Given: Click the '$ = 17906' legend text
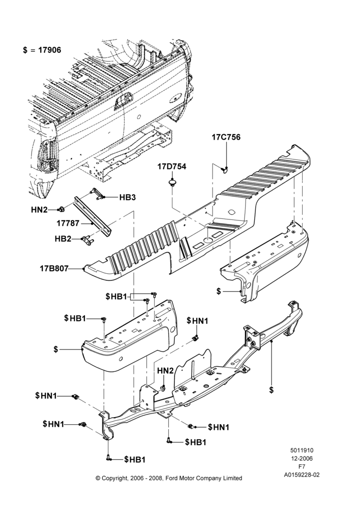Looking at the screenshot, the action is pyautogui.click(x=42, y=50).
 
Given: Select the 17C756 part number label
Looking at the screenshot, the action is pyautogui.click(x=226, y=137).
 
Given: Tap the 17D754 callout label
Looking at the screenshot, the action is pyautogui.click(x=172, y=167).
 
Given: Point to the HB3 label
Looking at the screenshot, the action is pyautogui.click(x=128, y=197).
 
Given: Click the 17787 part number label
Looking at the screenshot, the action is pyautogui.click(x=68, y=223).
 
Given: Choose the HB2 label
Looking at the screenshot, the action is pyautogui.click(x=63, y=239).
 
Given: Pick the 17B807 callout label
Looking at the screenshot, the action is pyautogui.click(x=54, y=269).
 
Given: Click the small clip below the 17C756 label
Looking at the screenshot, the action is pyautogui.click(x=224, y=169).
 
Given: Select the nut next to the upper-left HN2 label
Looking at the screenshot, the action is pyautogui.click(x=61, y=210).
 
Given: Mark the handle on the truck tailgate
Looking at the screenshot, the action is pyautogui.click(x=123, y=100).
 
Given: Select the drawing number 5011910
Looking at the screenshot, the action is pyautogui.click(x=302, y=450).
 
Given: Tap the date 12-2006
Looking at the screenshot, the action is pyautogui.click(x=302, y=458).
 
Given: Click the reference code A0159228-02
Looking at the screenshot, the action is pyautogui.click(x=302, y=475).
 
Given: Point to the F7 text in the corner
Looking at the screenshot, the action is pyautogui.click(x=302, y=467).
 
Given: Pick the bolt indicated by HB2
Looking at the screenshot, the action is pyautogui.click(x=87, y=240).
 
